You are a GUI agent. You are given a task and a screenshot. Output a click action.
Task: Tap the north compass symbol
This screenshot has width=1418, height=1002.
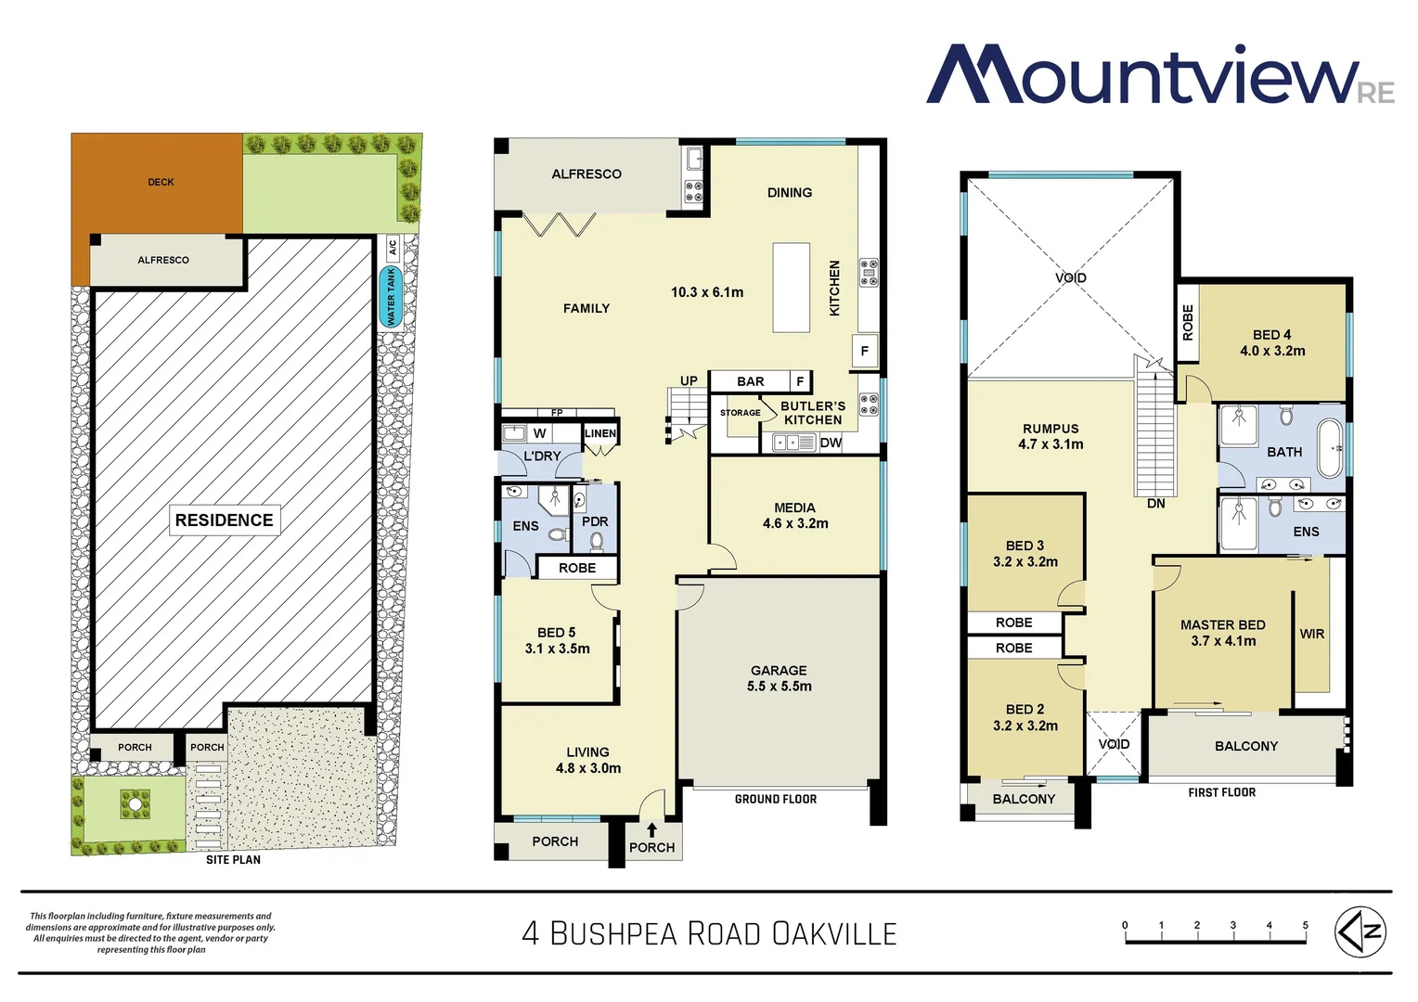point(1360,931)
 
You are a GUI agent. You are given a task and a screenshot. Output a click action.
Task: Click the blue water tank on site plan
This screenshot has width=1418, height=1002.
point(390,297)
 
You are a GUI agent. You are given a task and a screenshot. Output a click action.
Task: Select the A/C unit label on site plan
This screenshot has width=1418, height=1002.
point(393,247)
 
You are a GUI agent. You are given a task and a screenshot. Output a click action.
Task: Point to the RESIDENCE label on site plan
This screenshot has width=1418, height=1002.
point(225,520)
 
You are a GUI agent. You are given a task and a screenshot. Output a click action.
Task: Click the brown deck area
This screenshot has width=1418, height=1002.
point(158,183)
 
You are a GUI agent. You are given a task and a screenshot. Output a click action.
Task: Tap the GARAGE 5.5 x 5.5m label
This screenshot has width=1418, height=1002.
point(779,678)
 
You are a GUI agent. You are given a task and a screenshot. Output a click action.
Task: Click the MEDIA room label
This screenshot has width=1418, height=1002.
point(795,515)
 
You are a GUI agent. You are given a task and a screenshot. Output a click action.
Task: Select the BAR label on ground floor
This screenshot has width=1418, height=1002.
point(751,381)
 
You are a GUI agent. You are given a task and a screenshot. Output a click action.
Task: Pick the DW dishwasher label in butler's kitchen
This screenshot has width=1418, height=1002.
point(831,443)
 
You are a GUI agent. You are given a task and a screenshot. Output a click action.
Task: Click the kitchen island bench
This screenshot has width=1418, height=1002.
point(792,288)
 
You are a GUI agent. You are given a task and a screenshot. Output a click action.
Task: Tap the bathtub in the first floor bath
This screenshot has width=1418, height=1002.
point(1330,448)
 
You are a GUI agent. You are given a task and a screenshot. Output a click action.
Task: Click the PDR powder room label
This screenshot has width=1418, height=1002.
point(595,521)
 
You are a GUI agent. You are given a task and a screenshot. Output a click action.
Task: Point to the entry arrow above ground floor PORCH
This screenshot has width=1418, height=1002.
point(651,829)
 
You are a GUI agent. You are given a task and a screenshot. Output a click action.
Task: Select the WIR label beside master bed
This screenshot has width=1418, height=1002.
point(1311,634)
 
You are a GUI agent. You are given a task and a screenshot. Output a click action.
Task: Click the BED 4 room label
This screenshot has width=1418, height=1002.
point(1271,342)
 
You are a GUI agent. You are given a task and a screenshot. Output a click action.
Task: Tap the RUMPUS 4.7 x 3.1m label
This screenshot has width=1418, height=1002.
point(1051,436)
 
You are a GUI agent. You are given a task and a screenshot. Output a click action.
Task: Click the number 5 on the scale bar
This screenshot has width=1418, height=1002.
point(1305,925)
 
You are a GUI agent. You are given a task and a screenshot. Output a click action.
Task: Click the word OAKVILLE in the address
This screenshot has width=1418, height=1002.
point(834,933)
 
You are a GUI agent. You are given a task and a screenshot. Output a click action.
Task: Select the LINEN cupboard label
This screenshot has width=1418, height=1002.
point(600,433)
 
